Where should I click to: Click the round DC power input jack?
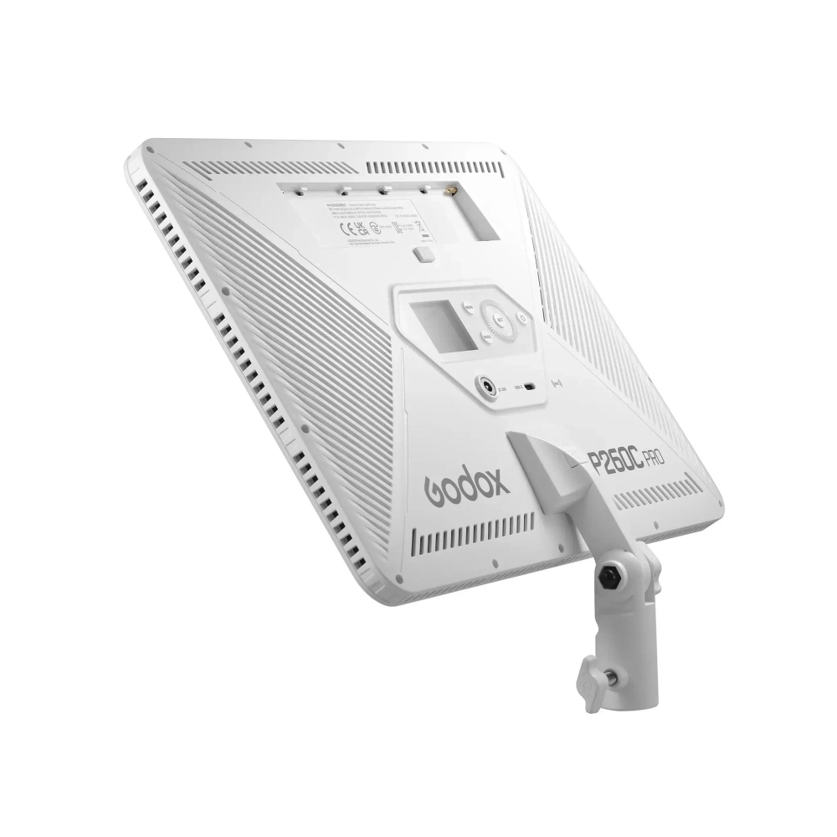(x=486, y=386)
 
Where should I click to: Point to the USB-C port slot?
(x=531, y=387)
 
